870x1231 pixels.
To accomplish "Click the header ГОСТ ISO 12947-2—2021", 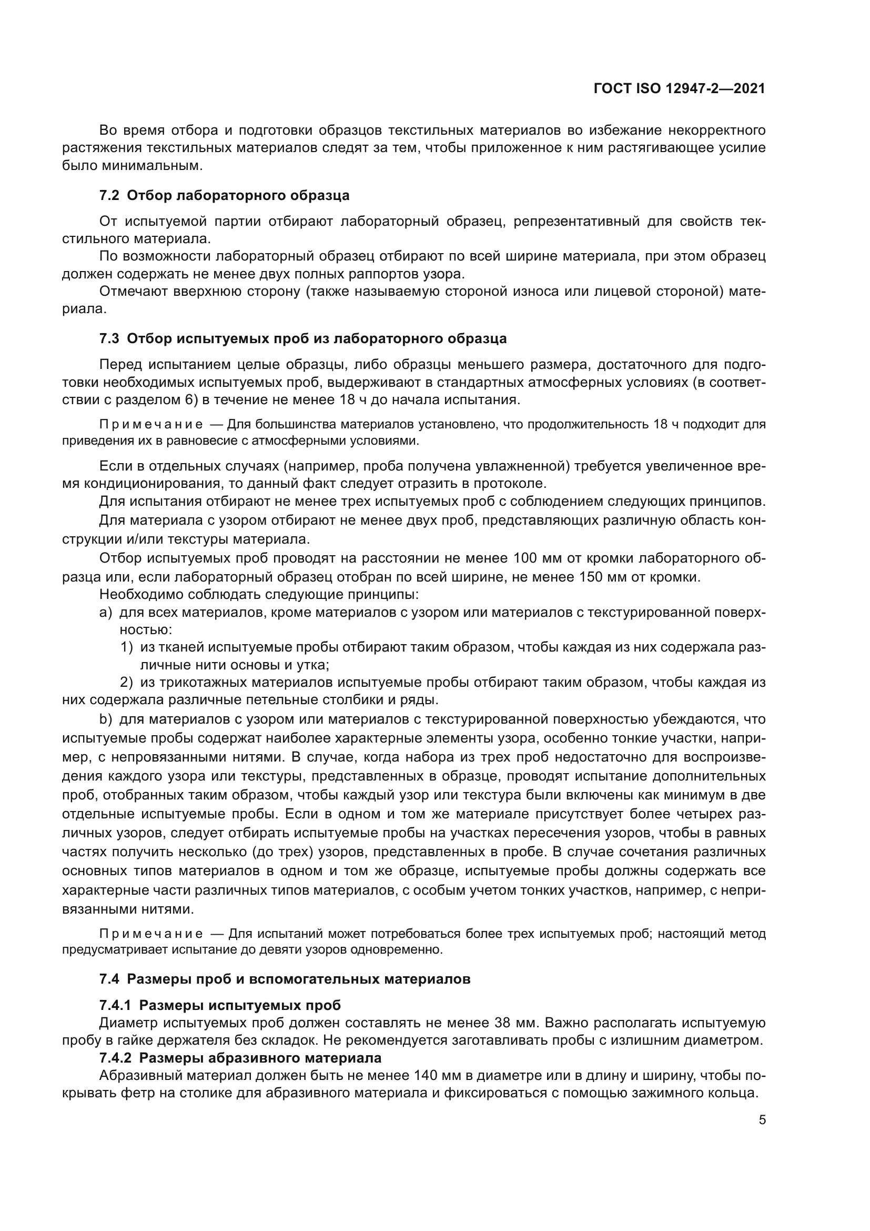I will click(679, 89).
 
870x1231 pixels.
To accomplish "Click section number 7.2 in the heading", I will click(109, 196).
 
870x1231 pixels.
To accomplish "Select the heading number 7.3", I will click(109, 339).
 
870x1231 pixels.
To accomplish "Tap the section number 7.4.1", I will click(116, 1005).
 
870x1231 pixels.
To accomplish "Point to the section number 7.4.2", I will click(116, 1058).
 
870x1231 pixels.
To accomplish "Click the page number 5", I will click(762, 1119).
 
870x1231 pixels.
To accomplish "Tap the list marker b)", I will click(106, 719).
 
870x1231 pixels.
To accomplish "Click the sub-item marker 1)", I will click(126, 648).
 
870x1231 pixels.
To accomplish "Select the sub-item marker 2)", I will click(126, 683).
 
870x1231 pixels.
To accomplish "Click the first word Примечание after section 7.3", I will click(151, 425).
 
